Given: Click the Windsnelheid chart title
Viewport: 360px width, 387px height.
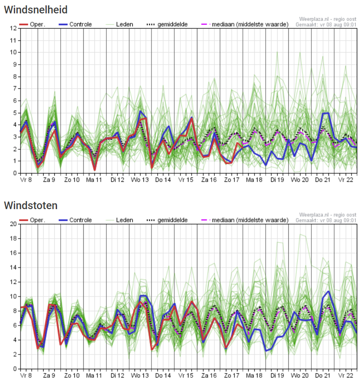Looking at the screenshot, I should [x=36, y=9].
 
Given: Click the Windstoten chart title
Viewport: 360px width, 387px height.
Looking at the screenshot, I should [x=31, y=206].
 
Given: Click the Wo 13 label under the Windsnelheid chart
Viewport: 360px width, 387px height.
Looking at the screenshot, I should [x=139, y=180].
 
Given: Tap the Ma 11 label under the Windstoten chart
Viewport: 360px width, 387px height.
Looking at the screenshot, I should [x=94, y=376].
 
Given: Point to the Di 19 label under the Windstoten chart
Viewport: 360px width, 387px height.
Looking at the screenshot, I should [x=276, y=376].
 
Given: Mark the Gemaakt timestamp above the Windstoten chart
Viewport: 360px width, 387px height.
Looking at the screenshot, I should [x=326, y=220].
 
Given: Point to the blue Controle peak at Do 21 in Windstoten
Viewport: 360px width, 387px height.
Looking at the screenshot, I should [x=328, y=292].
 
